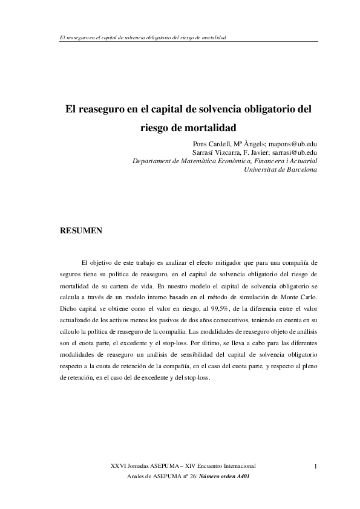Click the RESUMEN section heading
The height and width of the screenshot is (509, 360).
(x=80, y=230)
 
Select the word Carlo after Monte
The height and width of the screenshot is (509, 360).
(x=309, y=298)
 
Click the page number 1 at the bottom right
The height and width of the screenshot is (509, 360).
(x=316, y=466)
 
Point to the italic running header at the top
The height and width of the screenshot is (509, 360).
(x=139, y=37)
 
